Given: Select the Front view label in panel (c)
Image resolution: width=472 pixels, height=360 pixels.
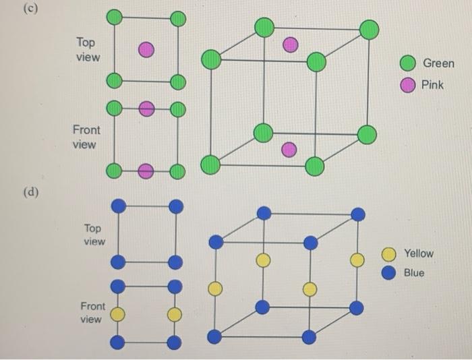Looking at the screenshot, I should click(86, 137).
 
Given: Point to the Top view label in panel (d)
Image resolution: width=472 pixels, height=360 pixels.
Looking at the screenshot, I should click(94, 235).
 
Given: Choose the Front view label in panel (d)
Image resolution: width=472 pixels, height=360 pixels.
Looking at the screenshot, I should click(92, 312).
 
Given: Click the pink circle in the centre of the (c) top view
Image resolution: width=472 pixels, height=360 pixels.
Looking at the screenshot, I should click(146, 49).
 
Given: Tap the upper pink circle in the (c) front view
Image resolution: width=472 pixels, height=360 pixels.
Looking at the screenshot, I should click(146, 109).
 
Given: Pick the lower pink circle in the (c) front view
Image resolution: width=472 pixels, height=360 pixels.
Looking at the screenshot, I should click(146, 171).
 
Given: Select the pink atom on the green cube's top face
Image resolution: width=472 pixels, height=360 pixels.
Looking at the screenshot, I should click(290, 44).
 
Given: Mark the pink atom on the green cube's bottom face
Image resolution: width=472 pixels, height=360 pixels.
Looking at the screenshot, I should click(289, 150).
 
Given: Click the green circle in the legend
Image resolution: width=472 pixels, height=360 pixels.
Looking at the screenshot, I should click(407, 63).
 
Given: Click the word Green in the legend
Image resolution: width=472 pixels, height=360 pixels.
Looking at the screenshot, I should click(438, 63).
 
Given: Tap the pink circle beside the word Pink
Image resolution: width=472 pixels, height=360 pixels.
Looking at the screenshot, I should click(407, 85).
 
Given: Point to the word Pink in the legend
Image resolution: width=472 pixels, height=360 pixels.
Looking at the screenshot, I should click(433, 85).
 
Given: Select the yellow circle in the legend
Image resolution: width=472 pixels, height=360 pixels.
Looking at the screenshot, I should click(389, 254).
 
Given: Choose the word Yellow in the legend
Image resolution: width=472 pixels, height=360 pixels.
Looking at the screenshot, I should click(419, 253).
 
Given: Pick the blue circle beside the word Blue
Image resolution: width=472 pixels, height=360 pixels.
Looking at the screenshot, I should click(389, 273).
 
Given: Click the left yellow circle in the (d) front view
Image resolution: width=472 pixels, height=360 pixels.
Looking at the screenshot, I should click(117, 314).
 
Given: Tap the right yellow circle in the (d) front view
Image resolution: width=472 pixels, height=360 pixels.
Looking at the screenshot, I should click(174, 314).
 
